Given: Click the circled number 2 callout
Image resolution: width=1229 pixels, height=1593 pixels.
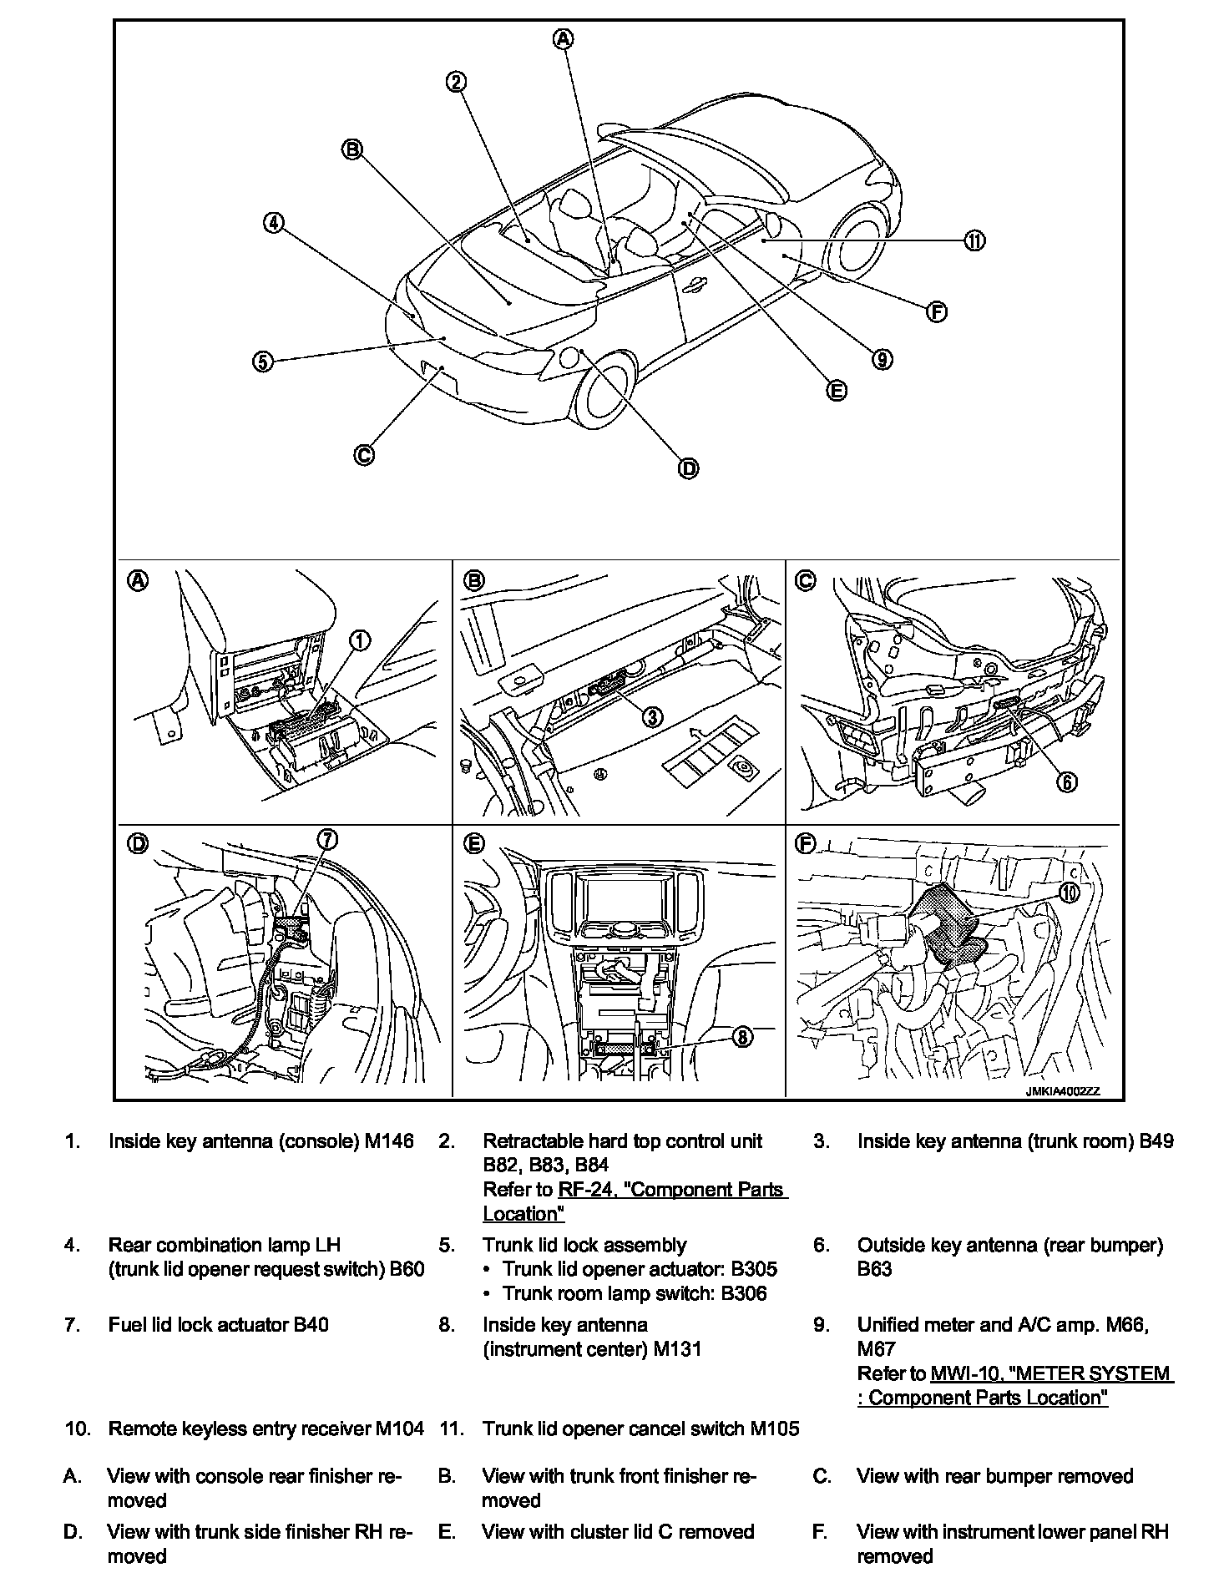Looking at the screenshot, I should (x=456, y=82).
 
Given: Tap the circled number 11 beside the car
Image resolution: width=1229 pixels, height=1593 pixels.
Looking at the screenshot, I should (x=974, y=240).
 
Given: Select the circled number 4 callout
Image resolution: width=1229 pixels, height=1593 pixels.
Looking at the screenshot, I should (x=273, y=223).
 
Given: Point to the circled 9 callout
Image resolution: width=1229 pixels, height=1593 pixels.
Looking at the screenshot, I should (x=882, y=359).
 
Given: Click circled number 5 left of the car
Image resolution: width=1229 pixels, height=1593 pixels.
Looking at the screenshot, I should (x=263, y=362).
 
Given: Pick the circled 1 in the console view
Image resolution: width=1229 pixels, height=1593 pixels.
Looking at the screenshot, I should (x=359, y=640).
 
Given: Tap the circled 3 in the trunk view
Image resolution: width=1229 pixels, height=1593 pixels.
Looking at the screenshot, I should (x=652, y=716).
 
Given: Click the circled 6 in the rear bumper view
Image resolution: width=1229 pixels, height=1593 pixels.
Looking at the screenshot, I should (x=1067, y=781).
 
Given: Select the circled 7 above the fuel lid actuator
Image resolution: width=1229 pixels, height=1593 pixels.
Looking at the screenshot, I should (x=327, y=840).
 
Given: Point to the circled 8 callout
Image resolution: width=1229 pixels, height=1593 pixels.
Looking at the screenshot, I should (x=741, y=1037).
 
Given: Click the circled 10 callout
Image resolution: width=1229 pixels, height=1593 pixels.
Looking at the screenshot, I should (x=1070, y=892).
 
